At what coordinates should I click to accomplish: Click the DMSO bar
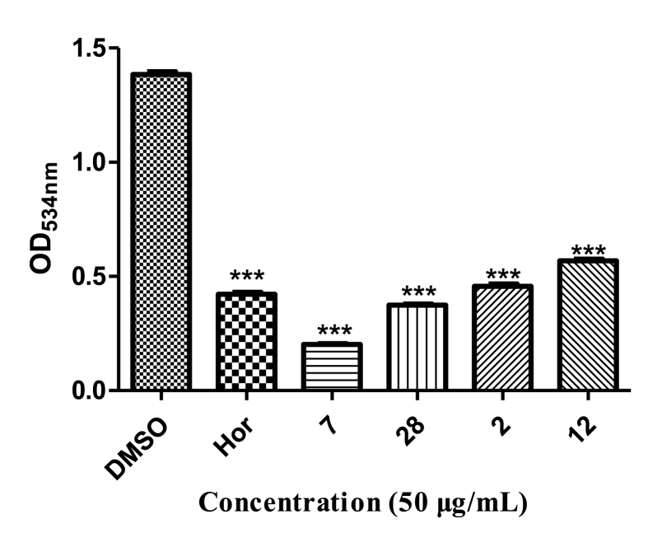pyautogui.click(x=161, y=231)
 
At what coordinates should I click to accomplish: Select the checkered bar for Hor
pyautogui.click(x=245, y=341)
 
